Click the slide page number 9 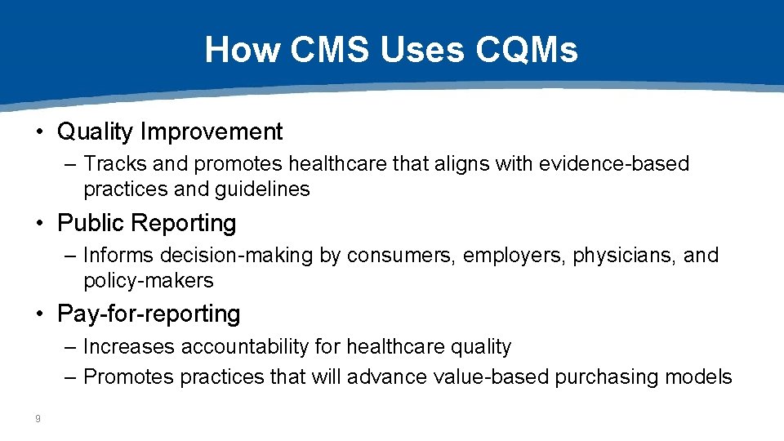pyautogui.click(x=38, y=419)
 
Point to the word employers pyautogui.click(x=514, y=255)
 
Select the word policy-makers pyautogui.click(x=148, y=280)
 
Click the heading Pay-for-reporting pyautogui.click(x=149, y=314)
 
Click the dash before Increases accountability pyautogui.click(x=70, y=346)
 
